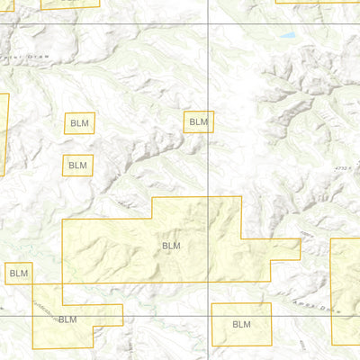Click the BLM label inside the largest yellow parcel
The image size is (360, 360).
coord(171,245)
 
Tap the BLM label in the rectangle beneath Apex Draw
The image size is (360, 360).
coord(241,324)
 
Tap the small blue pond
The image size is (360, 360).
coord(286,36)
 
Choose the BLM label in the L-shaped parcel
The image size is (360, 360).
coord(67,319)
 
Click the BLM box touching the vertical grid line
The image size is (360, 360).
coord(199,121)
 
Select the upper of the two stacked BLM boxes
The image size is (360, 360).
coord(78,124)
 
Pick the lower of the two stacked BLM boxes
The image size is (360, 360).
coord(77,165)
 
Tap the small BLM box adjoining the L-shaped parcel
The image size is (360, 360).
coord(17,272)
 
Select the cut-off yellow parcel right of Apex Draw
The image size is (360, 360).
coord(346,288)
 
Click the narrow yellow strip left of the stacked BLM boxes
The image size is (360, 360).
coord(3,135)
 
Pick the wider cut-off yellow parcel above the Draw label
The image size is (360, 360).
coord(69,3)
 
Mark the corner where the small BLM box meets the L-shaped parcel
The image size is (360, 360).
coord(32,284)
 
